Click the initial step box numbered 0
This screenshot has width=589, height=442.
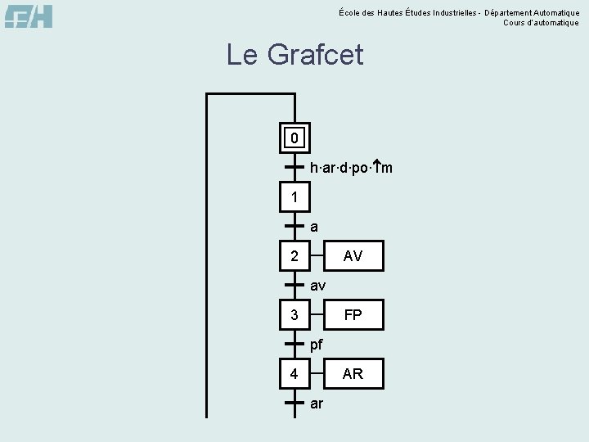[294, 138]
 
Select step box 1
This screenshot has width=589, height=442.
[294, 197]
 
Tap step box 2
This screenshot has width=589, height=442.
[294, 256]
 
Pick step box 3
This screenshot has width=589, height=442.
[294, 315]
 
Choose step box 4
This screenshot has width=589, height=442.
[294, 374]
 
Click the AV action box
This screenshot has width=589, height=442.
[353, 256]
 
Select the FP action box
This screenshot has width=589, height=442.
[353, 315]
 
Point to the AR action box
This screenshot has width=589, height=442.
[353, 374]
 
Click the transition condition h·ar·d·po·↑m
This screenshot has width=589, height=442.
[351, 168]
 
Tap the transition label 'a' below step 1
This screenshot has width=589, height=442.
[315, 227]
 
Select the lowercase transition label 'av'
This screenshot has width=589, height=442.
[318, 286]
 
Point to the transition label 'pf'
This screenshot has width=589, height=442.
[317, 345]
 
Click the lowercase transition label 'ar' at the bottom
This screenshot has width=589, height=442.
[317, 404]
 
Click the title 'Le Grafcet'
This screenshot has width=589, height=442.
[294, 55]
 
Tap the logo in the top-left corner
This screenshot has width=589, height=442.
[29, 16]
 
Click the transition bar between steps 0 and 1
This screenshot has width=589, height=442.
[294, 167]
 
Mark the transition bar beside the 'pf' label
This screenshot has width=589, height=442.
[294, 345]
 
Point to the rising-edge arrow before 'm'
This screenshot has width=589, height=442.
[375, 168]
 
